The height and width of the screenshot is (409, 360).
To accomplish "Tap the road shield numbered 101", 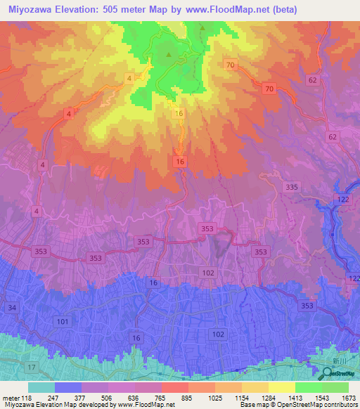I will pyautogui.click(x=63, y=322).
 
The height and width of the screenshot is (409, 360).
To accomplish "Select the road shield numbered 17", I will pyautogui.click(x=31, y=368).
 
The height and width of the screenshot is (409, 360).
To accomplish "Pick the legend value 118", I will pyautogui.click(x=27, y=398).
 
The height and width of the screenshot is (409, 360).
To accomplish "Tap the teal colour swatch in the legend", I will pyautogui.click(x=41, y=387).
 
